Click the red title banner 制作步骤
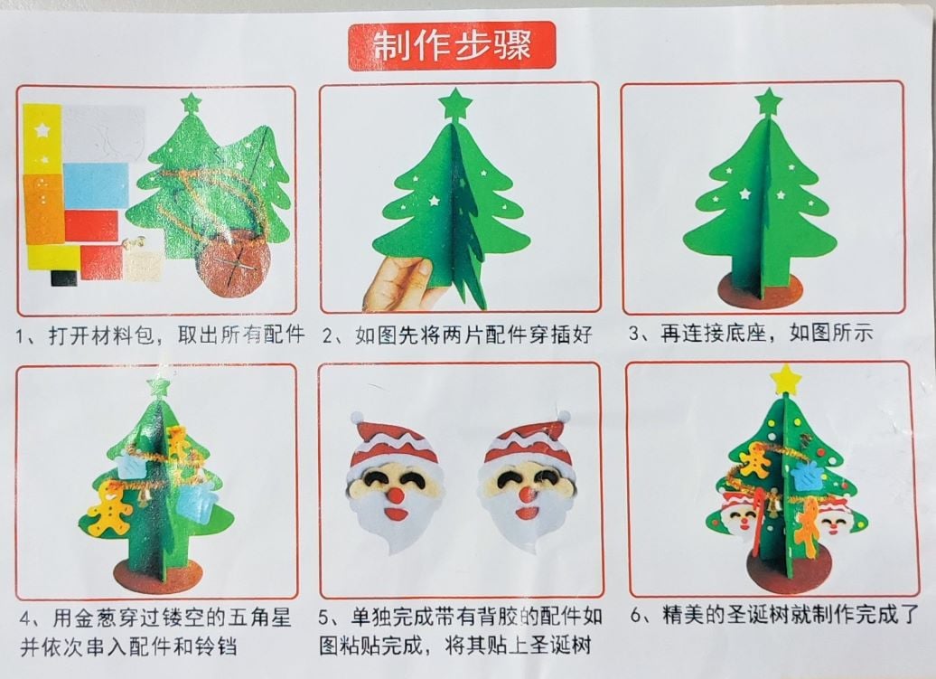pyautogui.click(x=452, y=45)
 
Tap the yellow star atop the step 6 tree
pyautogui.click(x=786, y=379)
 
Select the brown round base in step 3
pyautogui.click(x=760, y=291)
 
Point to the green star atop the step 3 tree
pyautogui.click(x=768, y=101)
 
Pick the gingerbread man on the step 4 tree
pyautogui.click(x=110, y=509)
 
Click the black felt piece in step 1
pyautogui.click(x=64, y=278)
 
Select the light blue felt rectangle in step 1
pyautogui.click(x=96, y=185)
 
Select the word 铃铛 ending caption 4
pyautogui.click(x=216, y=646)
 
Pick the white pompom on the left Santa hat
pyautogui.click(x=357, y=416)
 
